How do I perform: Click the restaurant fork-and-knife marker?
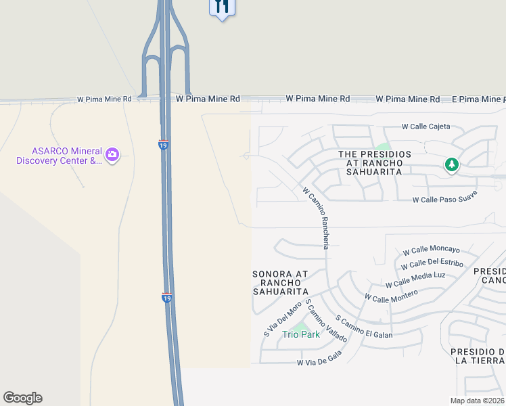pyautogui.click(x=222, y=7)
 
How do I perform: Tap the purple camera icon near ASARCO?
pyautogui.click(x=112, y=156)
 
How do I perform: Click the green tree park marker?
pyautogui.click(x=451, y=164)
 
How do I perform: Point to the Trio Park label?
pyautogui.click(x=301, y=334)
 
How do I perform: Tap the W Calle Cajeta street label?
pyautogui.click(x=425, y=127)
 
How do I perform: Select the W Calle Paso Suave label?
pyautogui.click(x=445, y=197)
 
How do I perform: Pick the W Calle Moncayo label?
pyautogui.click(x=431, y=250)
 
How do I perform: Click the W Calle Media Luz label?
pyautogui.click(x=415, y=279)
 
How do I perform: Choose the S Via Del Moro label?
pyautogui.click(x=282, y=319)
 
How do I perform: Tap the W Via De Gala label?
pyautogui.click(x=319, y=359)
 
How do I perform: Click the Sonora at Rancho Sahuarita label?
pyautogui.click(x=280, y=283)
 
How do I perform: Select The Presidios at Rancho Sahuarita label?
pyautogui.click(x=375, y=163)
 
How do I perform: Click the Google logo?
pyautogui.click(x=22, y=398)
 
